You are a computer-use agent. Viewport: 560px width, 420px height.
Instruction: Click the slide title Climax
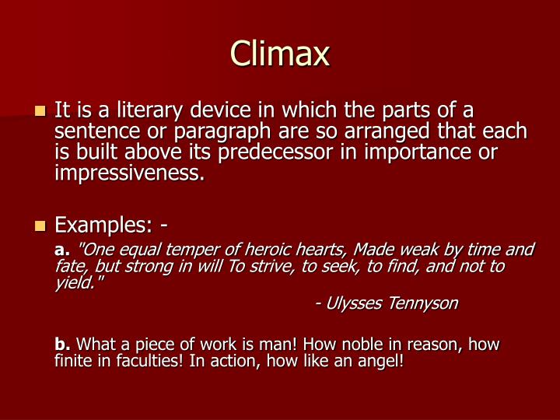(280, 54)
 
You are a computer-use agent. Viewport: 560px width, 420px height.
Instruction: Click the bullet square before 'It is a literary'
(41, 112)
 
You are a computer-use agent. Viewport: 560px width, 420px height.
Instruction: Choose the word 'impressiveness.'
(129, 172)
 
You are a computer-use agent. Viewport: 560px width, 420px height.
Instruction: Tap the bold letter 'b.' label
(63, 345)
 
